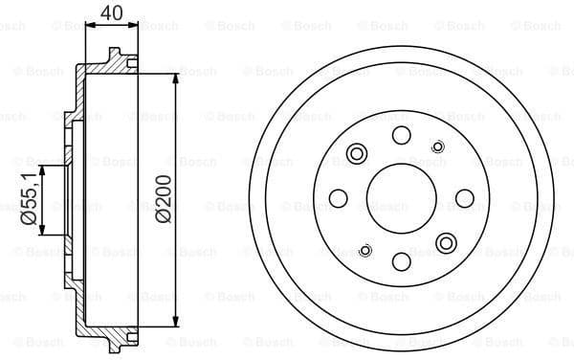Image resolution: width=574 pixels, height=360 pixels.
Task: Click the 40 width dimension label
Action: point(111,14)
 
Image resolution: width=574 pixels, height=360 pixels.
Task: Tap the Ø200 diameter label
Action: point(164,198)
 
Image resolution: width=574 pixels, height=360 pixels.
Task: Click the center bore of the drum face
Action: point(401,198)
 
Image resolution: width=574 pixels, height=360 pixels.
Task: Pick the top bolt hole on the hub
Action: point(401,134)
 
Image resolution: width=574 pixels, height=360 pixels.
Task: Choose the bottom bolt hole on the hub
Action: point(401,261)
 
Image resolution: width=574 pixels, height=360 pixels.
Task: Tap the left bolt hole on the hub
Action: point(337,198)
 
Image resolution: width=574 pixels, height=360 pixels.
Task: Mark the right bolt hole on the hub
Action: point(465,198)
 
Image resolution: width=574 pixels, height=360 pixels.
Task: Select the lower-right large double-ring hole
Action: point(445,242)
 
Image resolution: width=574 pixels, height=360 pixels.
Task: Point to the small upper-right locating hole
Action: point(438,146)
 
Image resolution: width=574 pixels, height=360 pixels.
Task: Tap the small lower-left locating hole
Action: point(364,250)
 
